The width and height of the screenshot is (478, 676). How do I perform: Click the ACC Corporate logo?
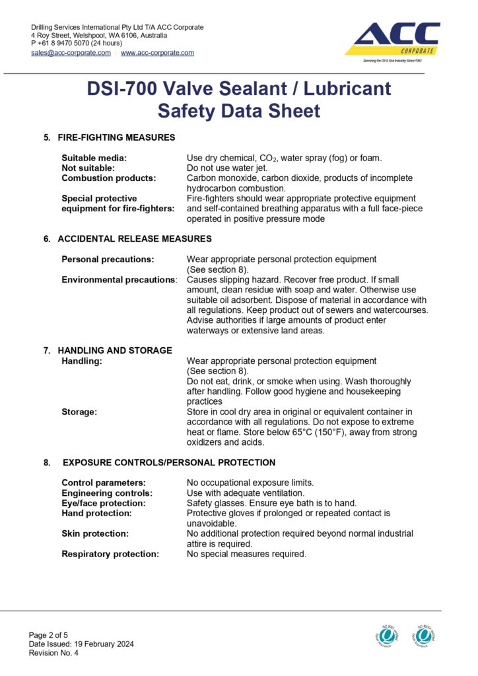coord(393,40)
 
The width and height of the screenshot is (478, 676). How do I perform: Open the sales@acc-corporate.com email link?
coord(71,53)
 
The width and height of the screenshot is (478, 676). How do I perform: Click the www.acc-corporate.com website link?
coord(157,53)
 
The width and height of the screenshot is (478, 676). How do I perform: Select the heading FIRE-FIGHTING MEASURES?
coord(116,137)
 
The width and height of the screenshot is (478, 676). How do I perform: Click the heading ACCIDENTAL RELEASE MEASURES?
coord(135,238)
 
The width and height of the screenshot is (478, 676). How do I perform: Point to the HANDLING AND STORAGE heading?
coord(115,350)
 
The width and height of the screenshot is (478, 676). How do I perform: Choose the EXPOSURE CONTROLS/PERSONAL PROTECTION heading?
coord(169,462)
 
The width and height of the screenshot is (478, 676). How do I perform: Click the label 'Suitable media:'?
coord(94,158)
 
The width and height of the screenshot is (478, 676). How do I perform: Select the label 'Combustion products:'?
coord(108,178)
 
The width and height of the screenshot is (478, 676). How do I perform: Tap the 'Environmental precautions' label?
coord(118,280)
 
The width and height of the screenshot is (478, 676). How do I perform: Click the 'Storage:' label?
coord(79,412)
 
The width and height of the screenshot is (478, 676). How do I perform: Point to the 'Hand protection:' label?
coord(96,513)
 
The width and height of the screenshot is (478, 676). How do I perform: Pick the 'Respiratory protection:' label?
coord(110,554)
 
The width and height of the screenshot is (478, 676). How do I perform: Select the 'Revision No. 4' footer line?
coord(53,653)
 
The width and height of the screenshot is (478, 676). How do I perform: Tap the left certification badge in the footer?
coord(388,635)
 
